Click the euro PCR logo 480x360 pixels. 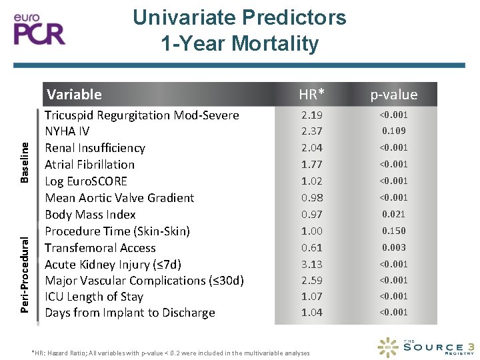coord(40,28)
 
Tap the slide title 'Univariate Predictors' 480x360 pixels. coord(239,17)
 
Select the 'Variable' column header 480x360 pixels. coord(73,95)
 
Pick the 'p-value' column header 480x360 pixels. coord(393,95)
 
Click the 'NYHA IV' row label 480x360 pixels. coord(67,131)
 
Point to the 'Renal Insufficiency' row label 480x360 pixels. coord(95,148)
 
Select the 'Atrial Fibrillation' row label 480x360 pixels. coord(89,165)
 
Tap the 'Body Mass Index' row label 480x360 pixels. coord(90,215)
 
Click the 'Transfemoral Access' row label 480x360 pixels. coord(100,247)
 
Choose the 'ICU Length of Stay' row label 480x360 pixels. coord(94,297)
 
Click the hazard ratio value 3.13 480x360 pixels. coord(312,264)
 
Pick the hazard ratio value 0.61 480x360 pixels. coord(312,247)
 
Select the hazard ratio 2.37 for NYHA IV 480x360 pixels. coord(312,131)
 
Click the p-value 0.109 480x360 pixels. coord(393,131)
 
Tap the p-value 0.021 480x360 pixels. coord(393,215)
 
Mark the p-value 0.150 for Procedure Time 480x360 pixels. coord(393,231)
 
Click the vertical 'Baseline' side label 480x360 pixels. coord(25,161)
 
